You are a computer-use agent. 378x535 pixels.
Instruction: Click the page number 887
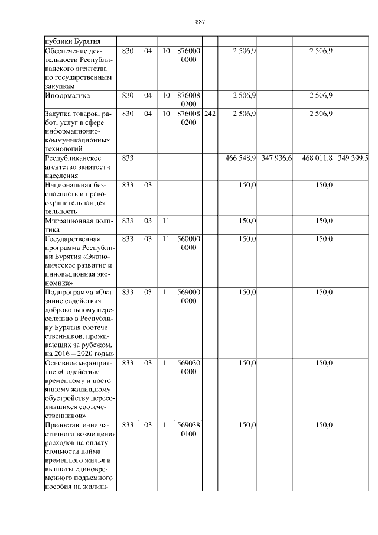(200, 22)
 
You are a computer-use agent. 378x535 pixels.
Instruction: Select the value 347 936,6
(276, 158)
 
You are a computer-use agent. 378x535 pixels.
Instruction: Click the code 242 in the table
(210, 113)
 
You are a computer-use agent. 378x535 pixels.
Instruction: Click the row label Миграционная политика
(78, 224)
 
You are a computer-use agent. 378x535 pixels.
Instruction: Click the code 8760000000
(189, 56)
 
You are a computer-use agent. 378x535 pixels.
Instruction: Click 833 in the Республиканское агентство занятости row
(127, 158)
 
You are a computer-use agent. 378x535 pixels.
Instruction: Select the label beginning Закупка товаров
(77, 131)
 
